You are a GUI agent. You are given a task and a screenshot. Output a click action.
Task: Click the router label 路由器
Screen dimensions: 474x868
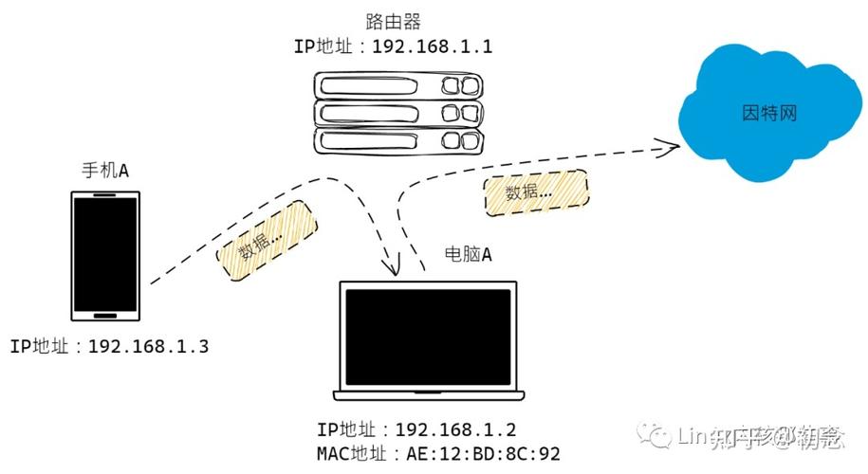394,21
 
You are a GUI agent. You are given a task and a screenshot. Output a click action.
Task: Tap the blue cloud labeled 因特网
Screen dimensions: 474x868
768,113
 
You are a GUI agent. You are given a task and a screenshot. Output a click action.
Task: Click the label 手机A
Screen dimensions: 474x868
105,171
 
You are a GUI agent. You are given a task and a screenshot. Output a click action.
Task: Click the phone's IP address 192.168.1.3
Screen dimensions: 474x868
148,346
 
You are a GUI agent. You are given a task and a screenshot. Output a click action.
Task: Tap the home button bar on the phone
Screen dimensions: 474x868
105,314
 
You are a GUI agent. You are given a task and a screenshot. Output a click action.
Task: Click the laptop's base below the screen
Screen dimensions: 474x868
429,393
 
